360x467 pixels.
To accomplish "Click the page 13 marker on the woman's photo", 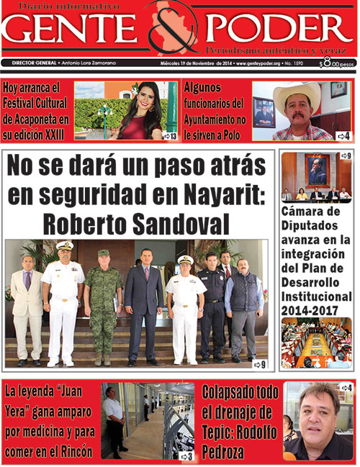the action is tap(169, 135).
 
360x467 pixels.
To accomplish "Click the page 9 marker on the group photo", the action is tap(259, 365).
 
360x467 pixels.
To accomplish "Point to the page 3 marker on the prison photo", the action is tap(185, 455).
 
